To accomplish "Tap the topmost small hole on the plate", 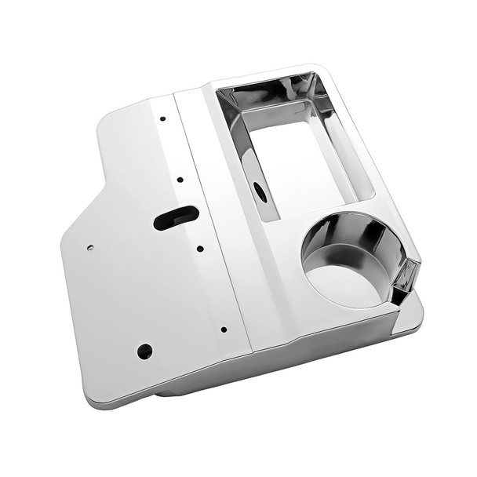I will [x=162, y=119].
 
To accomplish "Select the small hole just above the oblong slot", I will [x=180, y=180].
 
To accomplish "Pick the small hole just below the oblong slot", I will [x=200, y=249].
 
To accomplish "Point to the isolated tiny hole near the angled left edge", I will [x=90, y=247].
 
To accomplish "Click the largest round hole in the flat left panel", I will [x=144, y=351].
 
